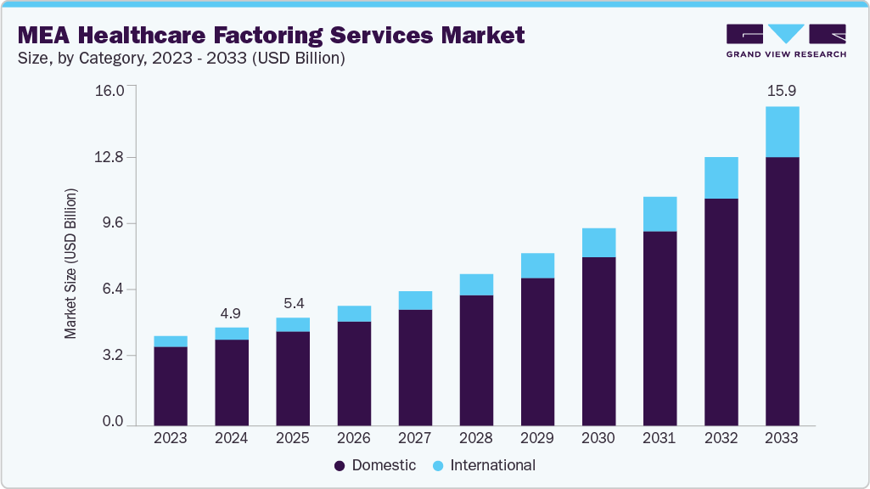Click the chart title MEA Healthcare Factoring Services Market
pos(271,35)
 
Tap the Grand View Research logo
pos(786,41)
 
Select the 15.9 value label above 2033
pos(782,90)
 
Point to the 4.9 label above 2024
pos(232,313)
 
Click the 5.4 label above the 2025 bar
pos(293,303)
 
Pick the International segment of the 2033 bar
pos(782,132)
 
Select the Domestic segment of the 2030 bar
pos(598,340)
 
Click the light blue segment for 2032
pos(721,177)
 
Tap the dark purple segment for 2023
pos(171,385)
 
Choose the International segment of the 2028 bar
pos(476,284)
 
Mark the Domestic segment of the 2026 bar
pos(354,372)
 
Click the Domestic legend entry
pos(375,465)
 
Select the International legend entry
pos(484,465)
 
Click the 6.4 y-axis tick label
pos(113,289)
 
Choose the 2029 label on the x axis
pos(537,438)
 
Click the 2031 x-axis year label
pos(660,438)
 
